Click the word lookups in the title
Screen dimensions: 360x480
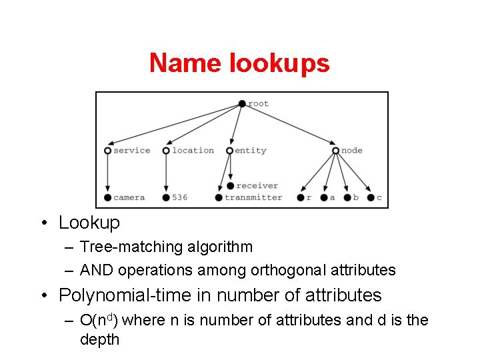(x=279, y=64)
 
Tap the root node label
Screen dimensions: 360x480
(x=258, y=104)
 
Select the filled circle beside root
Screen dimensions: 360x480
(x=242, y=103)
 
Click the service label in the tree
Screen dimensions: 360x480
(x=131, y=151)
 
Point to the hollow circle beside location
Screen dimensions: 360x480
(x=166, y=151)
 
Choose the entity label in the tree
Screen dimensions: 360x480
(x=251, y=151)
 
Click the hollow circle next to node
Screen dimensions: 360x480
(x=335, y=151)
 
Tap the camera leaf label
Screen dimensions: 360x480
(x=129, y=197)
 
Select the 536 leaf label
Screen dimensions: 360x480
(x=179, y=197)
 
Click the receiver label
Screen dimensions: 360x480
(x=257, y=186)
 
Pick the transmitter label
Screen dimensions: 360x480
(x=253, y=197)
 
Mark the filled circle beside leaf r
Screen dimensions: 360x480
(x=300, y=197)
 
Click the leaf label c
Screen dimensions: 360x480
(x=379, y=197)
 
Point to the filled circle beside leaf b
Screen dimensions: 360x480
(x=347, y=197)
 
